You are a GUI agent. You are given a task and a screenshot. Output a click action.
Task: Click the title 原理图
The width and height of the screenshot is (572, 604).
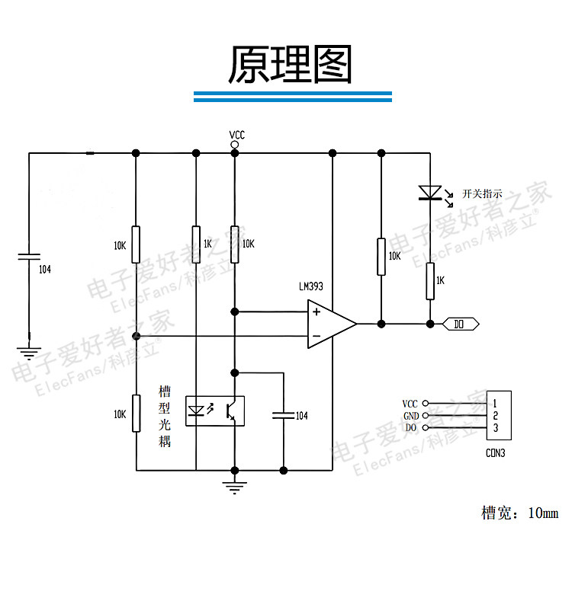click(x=290, y=64)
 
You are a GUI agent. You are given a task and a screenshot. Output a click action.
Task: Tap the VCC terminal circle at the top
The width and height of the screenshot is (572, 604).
click(x=234, y=145)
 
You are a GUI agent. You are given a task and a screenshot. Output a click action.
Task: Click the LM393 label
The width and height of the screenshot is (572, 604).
click(x=311, y=286)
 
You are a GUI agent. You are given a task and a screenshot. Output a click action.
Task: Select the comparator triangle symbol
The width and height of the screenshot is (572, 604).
click(x=332, y=324)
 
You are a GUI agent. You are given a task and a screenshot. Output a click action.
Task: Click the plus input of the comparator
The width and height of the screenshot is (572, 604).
click(x=317, y=312)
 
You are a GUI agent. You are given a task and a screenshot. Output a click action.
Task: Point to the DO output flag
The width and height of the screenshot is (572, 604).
click(x=461, y=324)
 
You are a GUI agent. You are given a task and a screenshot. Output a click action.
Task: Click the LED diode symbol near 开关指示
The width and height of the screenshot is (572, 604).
click(x=430, y=193)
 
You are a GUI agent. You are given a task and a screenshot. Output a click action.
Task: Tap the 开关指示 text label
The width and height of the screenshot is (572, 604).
click(x=482, y=193)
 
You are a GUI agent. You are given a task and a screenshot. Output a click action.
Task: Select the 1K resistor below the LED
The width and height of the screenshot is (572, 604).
click(x=430, y=281)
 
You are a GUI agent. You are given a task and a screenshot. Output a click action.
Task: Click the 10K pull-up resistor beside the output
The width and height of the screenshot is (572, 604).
click(x=381, y=257)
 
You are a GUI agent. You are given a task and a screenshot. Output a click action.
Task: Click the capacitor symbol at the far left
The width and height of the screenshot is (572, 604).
click(x=29, y=257)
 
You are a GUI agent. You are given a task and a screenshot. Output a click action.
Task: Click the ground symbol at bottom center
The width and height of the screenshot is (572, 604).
click(x=234, y=487)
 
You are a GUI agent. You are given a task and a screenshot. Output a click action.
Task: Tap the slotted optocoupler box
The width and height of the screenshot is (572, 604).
click(x=215, y=411)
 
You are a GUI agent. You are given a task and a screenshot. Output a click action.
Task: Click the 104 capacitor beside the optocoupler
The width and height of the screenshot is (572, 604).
click(x=284, y=415)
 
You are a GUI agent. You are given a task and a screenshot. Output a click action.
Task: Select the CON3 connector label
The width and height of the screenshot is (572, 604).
click(x=495, y=453)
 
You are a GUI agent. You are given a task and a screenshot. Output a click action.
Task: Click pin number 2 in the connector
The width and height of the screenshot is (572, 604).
click(x=496, y=416)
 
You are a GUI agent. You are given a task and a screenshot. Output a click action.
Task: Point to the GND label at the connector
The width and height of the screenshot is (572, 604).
click(x=411, y=416)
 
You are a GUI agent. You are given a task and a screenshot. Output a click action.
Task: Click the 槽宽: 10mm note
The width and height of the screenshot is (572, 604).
click(x=519, y=513)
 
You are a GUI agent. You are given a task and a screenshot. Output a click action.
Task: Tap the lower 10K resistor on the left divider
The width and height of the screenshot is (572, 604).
click(x=137, y=414)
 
